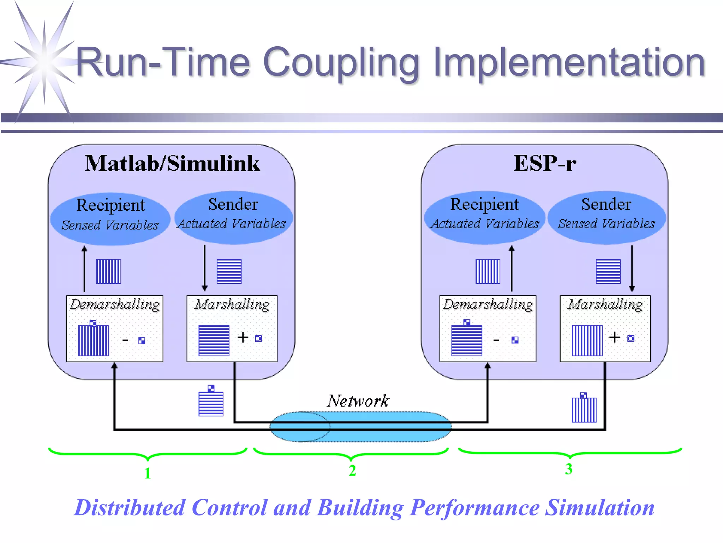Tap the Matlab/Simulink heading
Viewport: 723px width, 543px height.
click(172, 164)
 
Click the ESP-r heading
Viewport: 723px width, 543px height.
click(544, 164)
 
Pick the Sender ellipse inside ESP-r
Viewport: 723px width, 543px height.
click(606, 217)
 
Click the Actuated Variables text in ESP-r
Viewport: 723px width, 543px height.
click(485, 224)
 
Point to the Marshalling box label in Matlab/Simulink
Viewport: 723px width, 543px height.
click(232, 304)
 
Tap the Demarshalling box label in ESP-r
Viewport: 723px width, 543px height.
click(488, 304)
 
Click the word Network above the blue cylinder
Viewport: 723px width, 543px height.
click(358, 401)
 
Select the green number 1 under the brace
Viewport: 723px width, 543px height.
click(148, 473)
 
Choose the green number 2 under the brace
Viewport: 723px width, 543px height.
click(352, 471)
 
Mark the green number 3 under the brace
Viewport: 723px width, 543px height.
click(568, 469)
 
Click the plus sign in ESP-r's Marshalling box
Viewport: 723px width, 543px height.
click(615, 337)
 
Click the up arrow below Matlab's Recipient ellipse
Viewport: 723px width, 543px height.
click(84, 269)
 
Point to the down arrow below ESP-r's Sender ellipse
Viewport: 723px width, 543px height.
click(632, 269)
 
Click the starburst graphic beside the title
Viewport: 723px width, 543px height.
click(44, 62)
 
